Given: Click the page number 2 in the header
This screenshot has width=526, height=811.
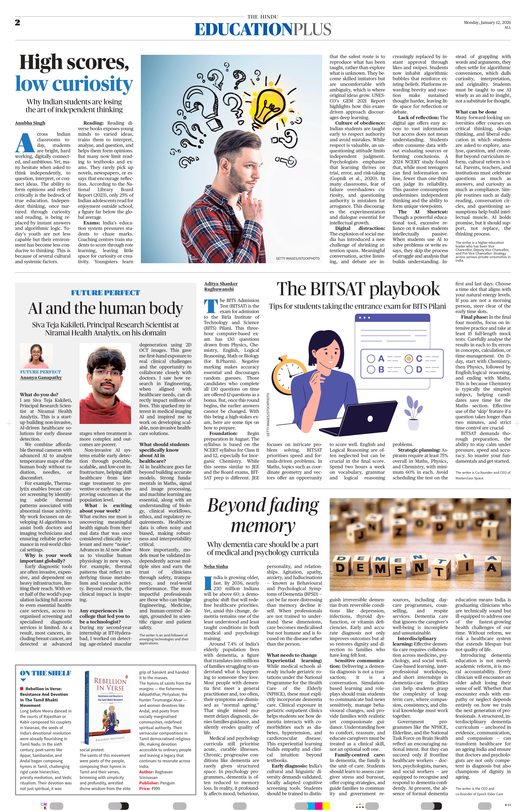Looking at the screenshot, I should pyautogui.click(x=17, y=23).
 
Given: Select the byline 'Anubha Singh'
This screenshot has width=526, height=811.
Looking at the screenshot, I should pyautogui.click(x=30, y=123).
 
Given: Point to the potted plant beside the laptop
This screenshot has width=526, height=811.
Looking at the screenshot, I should pyautogui.click(x=413, y=413).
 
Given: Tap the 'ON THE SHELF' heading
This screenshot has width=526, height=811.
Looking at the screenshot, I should pyautogui.click(x=45, y=673).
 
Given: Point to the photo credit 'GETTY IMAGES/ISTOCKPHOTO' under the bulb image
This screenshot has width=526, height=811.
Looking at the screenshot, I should pyautogui.click(x=298, y=258).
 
